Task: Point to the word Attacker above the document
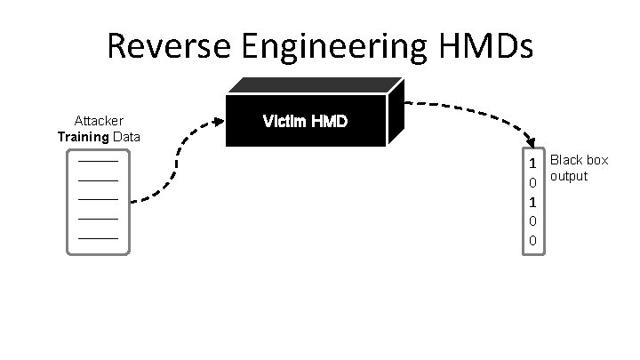pyautogui.click(x=99, y=121)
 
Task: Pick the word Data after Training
pyautogui.click(x=126, y=137)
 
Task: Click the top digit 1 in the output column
pyautogui.click(x=532, y=164)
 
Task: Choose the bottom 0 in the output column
pyautogui.click(x=532, y=241)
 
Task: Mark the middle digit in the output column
pyautogui.click(x=532, y=203)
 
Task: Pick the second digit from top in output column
pyautogui.click(x=532, y=183)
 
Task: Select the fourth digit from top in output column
pyautogui.click(x=532, y=221)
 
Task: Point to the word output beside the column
pyautogui.click(x=569, y=176)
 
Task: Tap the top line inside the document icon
pyautogui.click(x=98, y=162)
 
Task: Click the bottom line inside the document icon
pyautogui.click(x=98, y=238)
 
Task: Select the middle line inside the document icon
pyautogui.click(x=98, y=200)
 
